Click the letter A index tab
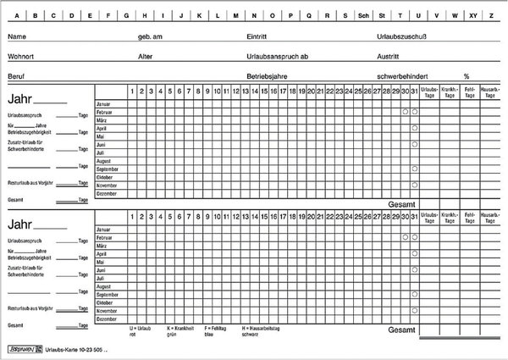14,15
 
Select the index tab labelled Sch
363,15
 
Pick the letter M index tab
235,15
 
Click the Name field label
16,37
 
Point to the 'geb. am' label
150,37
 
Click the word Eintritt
257,37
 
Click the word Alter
146,56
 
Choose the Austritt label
389,56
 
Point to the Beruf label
16,75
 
